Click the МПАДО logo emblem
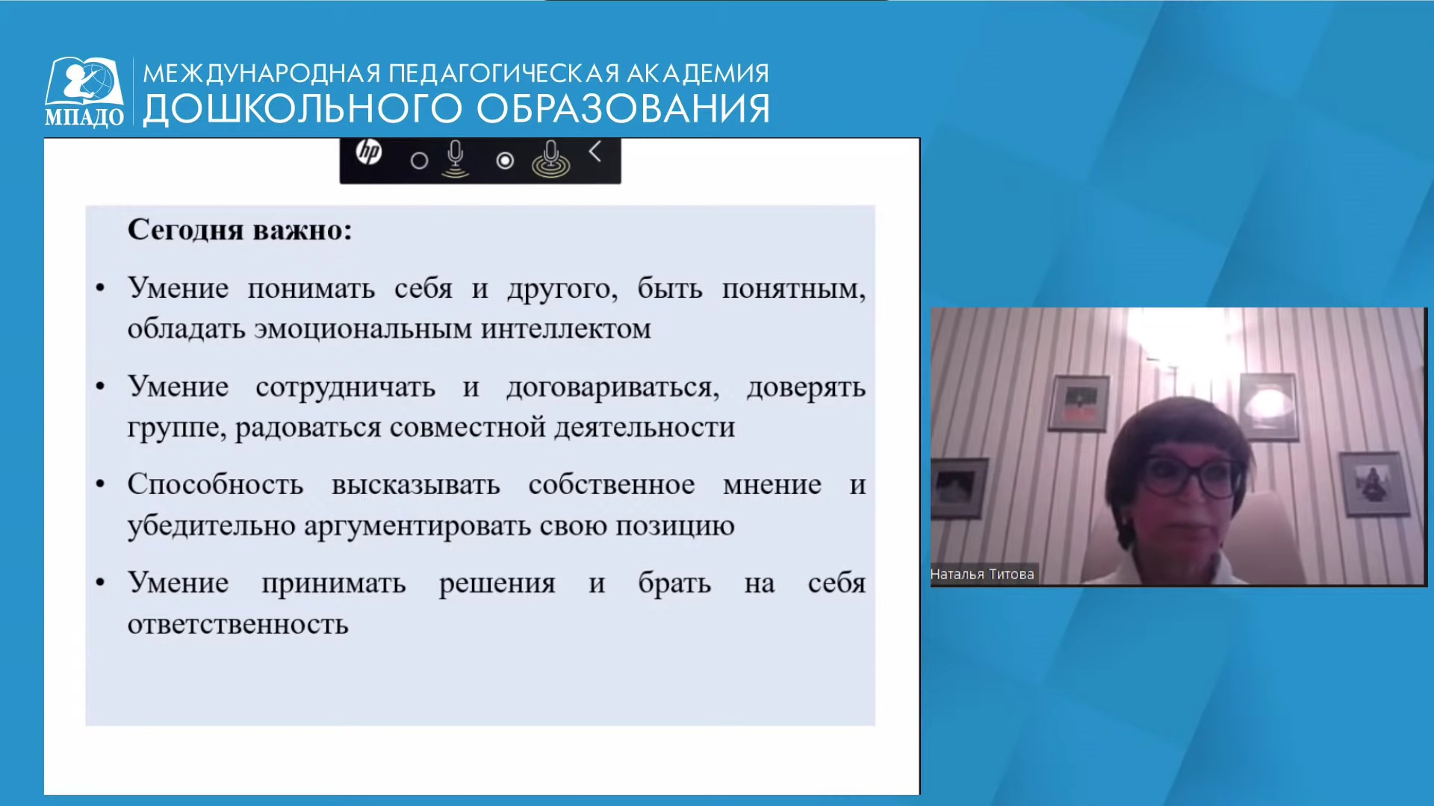(x=84, y=91)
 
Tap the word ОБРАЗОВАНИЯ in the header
(x=623, y=109)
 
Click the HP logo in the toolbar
(x=369, y=152)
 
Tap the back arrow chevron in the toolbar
(x=595, y=151)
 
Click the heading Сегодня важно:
(x=240, y=230)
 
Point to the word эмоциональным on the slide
(x=363, y=329)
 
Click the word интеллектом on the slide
(x=566, y=329)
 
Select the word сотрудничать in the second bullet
(x=346, y=387)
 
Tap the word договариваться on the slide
(x=612, y=388)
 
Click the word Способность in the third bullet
(x=215, y=485)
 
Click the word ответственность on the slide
(x=238, y=625)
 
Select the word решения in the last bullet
(x=497, y=584)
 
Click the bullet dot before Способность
(x=100, y=485)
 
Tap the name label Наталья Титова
(x=982, y=574)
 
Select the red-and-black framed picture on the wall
(x=1079, y=404)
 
